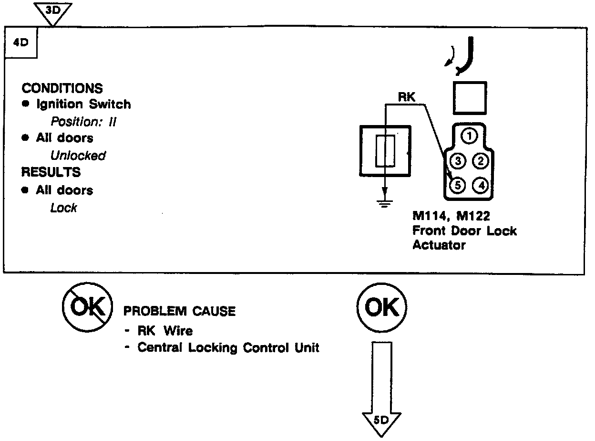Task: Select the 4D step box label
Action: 21,42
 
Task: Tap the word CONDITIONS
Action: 62,88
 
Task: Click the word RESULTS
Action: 51,172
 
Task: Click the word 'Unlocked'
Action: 78,156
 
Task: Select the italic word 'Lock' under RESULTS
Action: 63,208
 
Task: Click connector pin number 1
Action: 470,136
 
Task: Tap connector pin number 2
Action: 481,161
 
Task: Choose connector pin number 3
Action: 458,161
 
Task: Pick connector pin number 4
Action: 481,185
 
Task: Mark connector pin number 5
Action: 458,185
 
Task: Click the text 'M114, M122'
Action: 451,217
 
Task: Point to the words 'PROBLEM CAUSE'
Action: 180,312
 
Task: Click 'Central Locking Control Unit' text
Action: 228,347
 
